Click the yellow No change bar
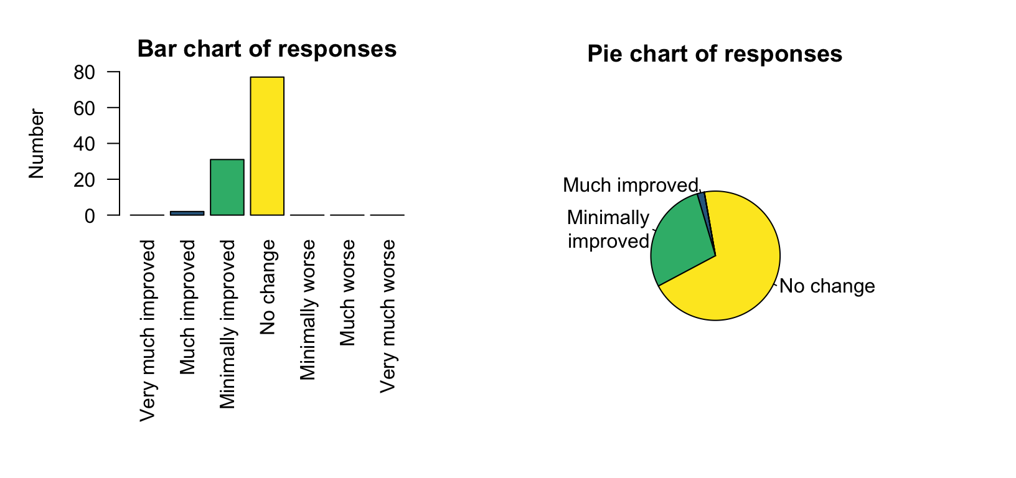click(x=267, y=146)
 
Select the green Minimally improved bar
click(x=227, y=187)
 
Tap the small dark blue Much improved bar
click(x=187, y=213)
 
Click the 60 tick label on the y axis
click(x=84, y=108)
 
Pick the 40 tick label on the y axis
click(x=84, y=144)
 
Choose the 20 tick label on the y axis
click(x=84, y=180)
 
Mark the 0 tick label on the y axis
click(x=90, y=215)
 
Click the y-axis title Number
click(x=37, y=144)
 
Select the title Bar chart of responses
click(x=266, y=49)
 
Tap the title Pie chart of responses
click(x=715, y=54)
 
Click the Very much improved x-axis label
click(x=148, y=330)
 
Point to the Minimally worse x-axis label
click(x=308, y=310)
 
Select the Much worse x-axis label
click(x=347, y=293)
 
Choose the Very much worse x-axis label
click(x=387, y=316)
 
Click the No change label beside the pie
click(x=827, y=286)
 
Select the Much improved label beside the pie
click(x=630, y=185)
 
